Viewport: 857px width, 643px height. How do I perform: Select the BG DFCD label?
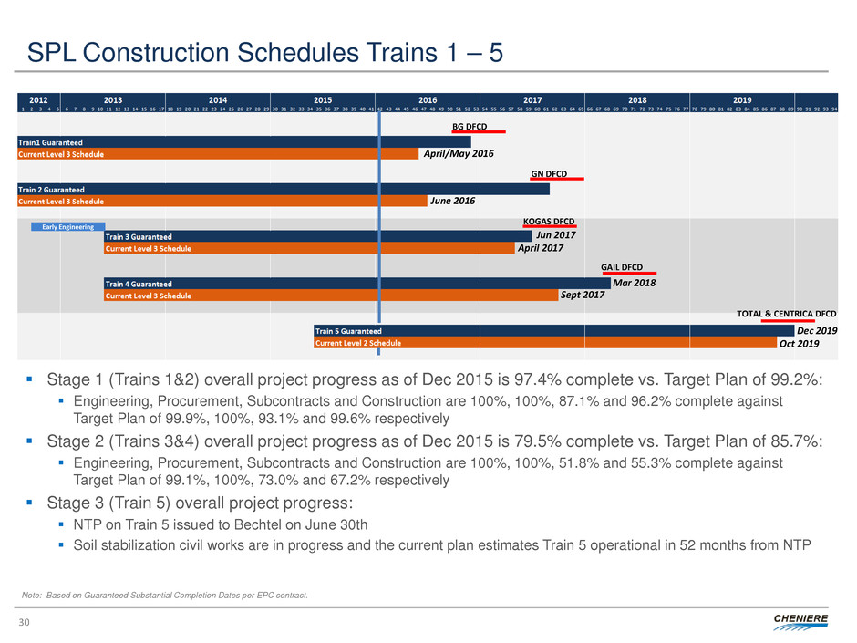(x=471, y=126)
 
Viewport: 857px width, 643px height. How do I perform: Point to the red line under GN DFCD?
(x=557, y=179)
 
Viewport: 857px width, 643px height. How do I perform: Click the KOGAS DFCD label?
(x=548, y=221)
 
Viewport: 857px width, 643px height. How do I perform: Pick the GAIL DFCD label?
(x=622, y=266)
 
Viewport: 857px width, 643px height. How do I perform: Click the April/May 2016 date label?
(x=459, y=154)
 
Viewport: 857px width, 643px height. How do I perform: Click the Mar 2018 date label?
(x=635, y=283)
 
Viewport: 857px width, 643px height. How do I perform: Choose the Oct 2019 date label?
(x=799, y=343)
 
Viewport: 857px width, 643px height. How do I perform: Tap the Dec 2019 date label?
(x=817, y=330)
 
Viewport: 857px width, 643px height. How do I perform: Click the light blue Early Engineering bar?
(x=68, y=226)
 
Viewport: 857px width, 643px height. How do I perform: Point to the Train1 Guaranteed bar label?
(x=50, y=141)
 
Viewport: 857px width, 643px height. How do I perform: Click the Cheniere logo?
(x=800, y=620)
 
